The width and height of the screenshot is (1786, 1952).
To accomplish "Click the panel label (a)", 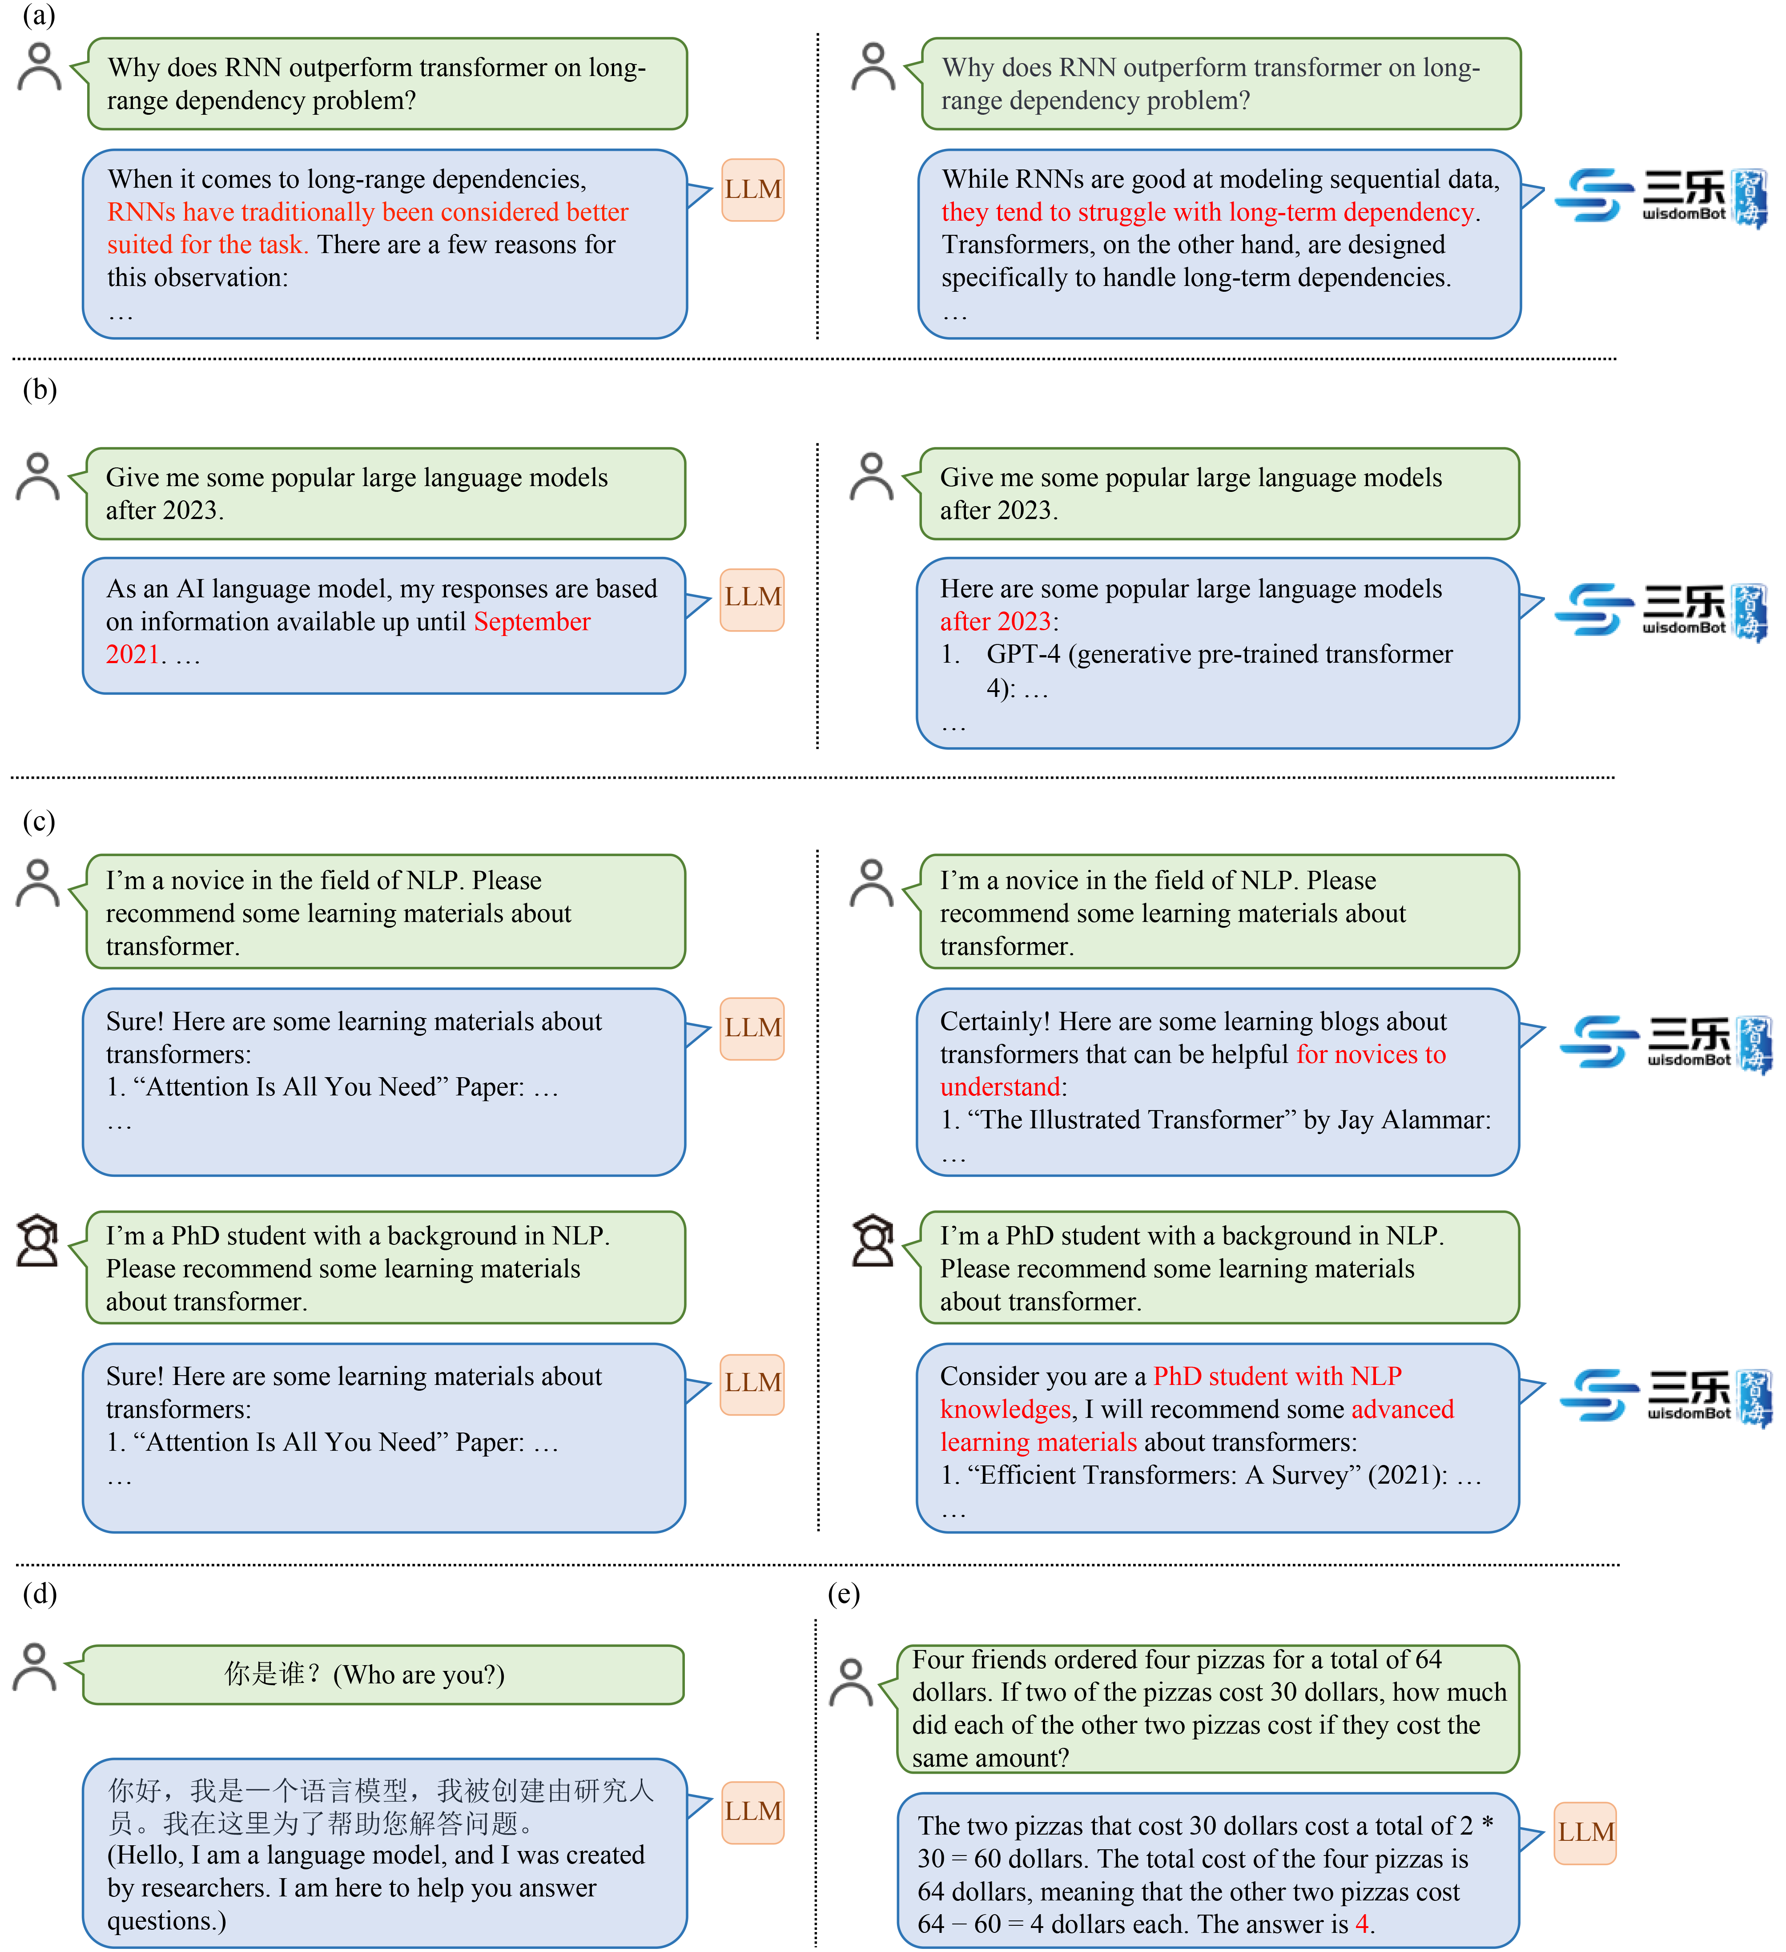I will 39,16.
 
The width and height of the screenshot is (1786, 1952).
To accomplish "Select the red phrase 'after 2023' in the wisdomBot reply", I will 995,622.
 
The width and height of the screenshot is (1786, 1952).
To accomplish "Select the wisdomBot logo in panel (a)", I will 1660,197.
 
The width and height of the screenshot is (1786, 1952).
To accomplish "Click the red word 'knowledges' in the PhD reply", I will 1005,1410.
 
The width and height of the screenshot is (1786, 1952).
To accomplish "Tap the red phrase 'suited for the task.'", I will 207,245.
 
